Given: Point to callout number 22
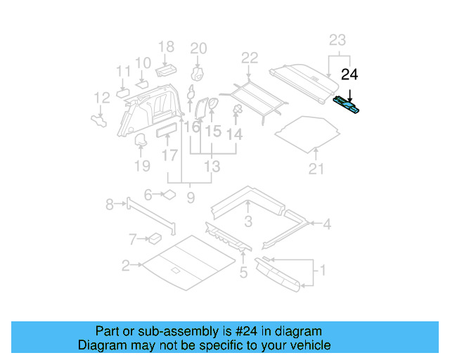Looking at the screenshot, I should [250, 58].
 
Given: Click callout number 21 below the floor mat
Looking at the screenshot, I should [316, 168].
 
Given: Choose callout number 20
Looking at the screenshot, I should [198, 48].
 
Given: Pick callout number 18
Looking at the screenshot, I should [166, 48].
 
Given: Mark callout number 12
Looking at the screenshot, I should [103, 97].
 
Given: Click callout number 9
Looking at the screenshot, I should [190, 198].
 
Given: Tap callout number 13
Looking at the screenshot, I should [212, 167].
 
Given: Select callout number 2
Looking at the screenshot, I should [125, 265].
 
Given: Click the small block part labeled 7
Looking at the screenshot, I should [153, 238].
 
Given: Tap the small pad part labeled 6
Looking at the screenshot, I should [169, 195].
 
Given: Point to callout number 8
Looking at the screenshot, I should [109, 205].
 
